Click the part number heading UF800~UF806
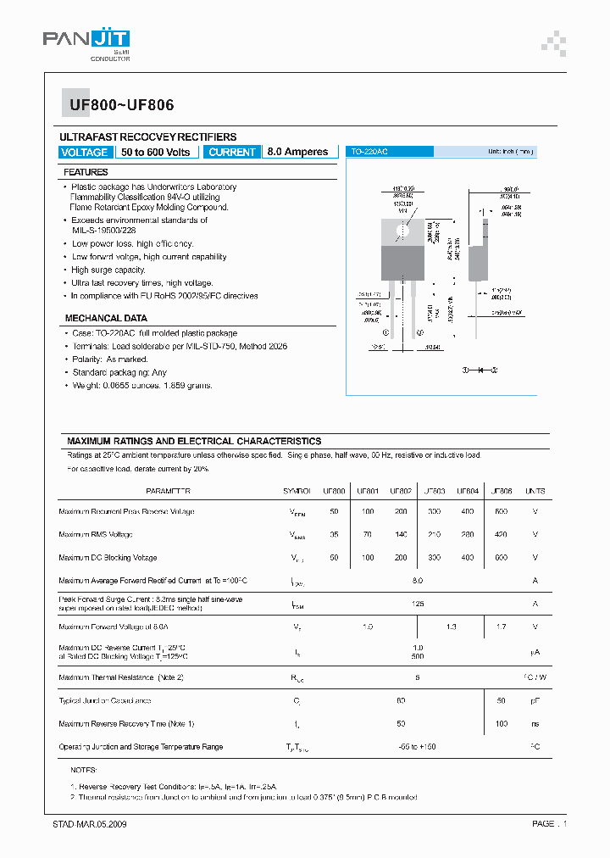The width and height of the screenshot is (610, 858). click(x=117, y=105)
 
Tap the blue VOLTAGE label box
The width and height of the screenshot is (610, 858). click(x=85, y=152)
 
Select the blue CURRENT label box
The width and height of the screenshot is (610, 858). click(x=231, y=152)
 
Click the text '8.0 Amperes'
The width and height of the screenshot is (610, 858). click(x=297, y=152)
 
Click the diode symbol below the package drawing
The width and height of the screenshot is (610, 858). click(x=480, y=370)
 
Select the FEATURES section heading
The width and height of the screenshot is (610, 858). click(x=86, y=172)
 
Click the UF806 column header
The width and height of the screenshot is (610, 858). click(x=501, y=491)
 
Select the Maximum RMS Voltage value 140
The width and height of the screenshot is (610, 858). click(x=401, y=534)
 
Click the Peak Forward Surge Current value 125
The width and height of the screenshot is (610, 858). click(x=416, y=604)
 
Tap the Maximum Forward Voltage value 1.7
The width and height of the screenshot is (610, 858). click(x=501, y=627)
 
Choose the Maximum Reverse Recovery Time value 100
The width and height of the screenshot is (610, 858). click(x=501, y=723)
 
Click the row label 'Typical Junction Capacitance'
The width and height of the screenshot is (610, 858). click(x=104, y=700)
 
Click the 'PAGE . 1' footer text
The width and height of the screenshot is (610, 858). click(x=549, y=823)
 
